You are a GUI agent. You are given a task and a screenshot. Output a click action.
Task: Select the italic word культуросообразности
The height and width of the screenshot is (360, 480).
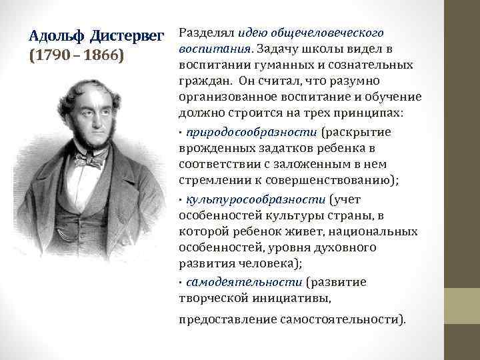point(257,199)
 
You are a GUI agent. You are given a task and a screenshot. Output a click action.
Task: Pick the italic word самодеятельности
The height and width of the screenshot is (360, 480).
point(244,281)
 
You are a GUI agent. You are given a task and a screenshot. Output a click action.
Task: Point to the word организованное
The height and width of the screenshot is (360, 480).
point(224,98)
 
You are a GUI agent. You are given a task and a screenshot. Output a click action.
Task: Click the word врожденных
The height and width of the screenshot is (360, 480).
point(209,148)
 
